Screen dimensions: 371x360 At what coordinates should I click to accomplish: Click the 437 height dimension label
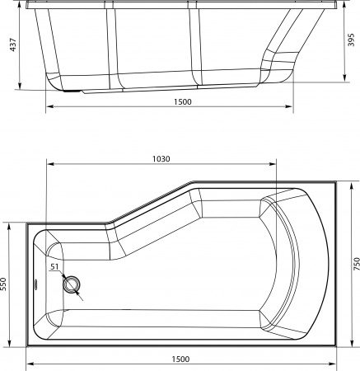pyautogui.click(x=12, y=45)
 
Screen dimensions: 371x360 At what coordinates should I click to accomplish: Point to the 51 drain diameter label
pyautogui.click(x=54, y=267)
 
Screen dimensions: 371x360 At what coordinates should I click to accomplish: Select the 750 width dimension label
pyautogui.click(x=355, y=264)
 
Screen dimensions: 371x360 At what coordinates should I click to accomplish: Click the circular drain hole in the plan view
pyautogui.click(x=72, y=284)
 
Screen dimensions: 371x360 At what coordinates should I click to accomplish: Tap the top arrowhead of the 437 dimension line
pyautogui.click(x=20, y=12)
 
